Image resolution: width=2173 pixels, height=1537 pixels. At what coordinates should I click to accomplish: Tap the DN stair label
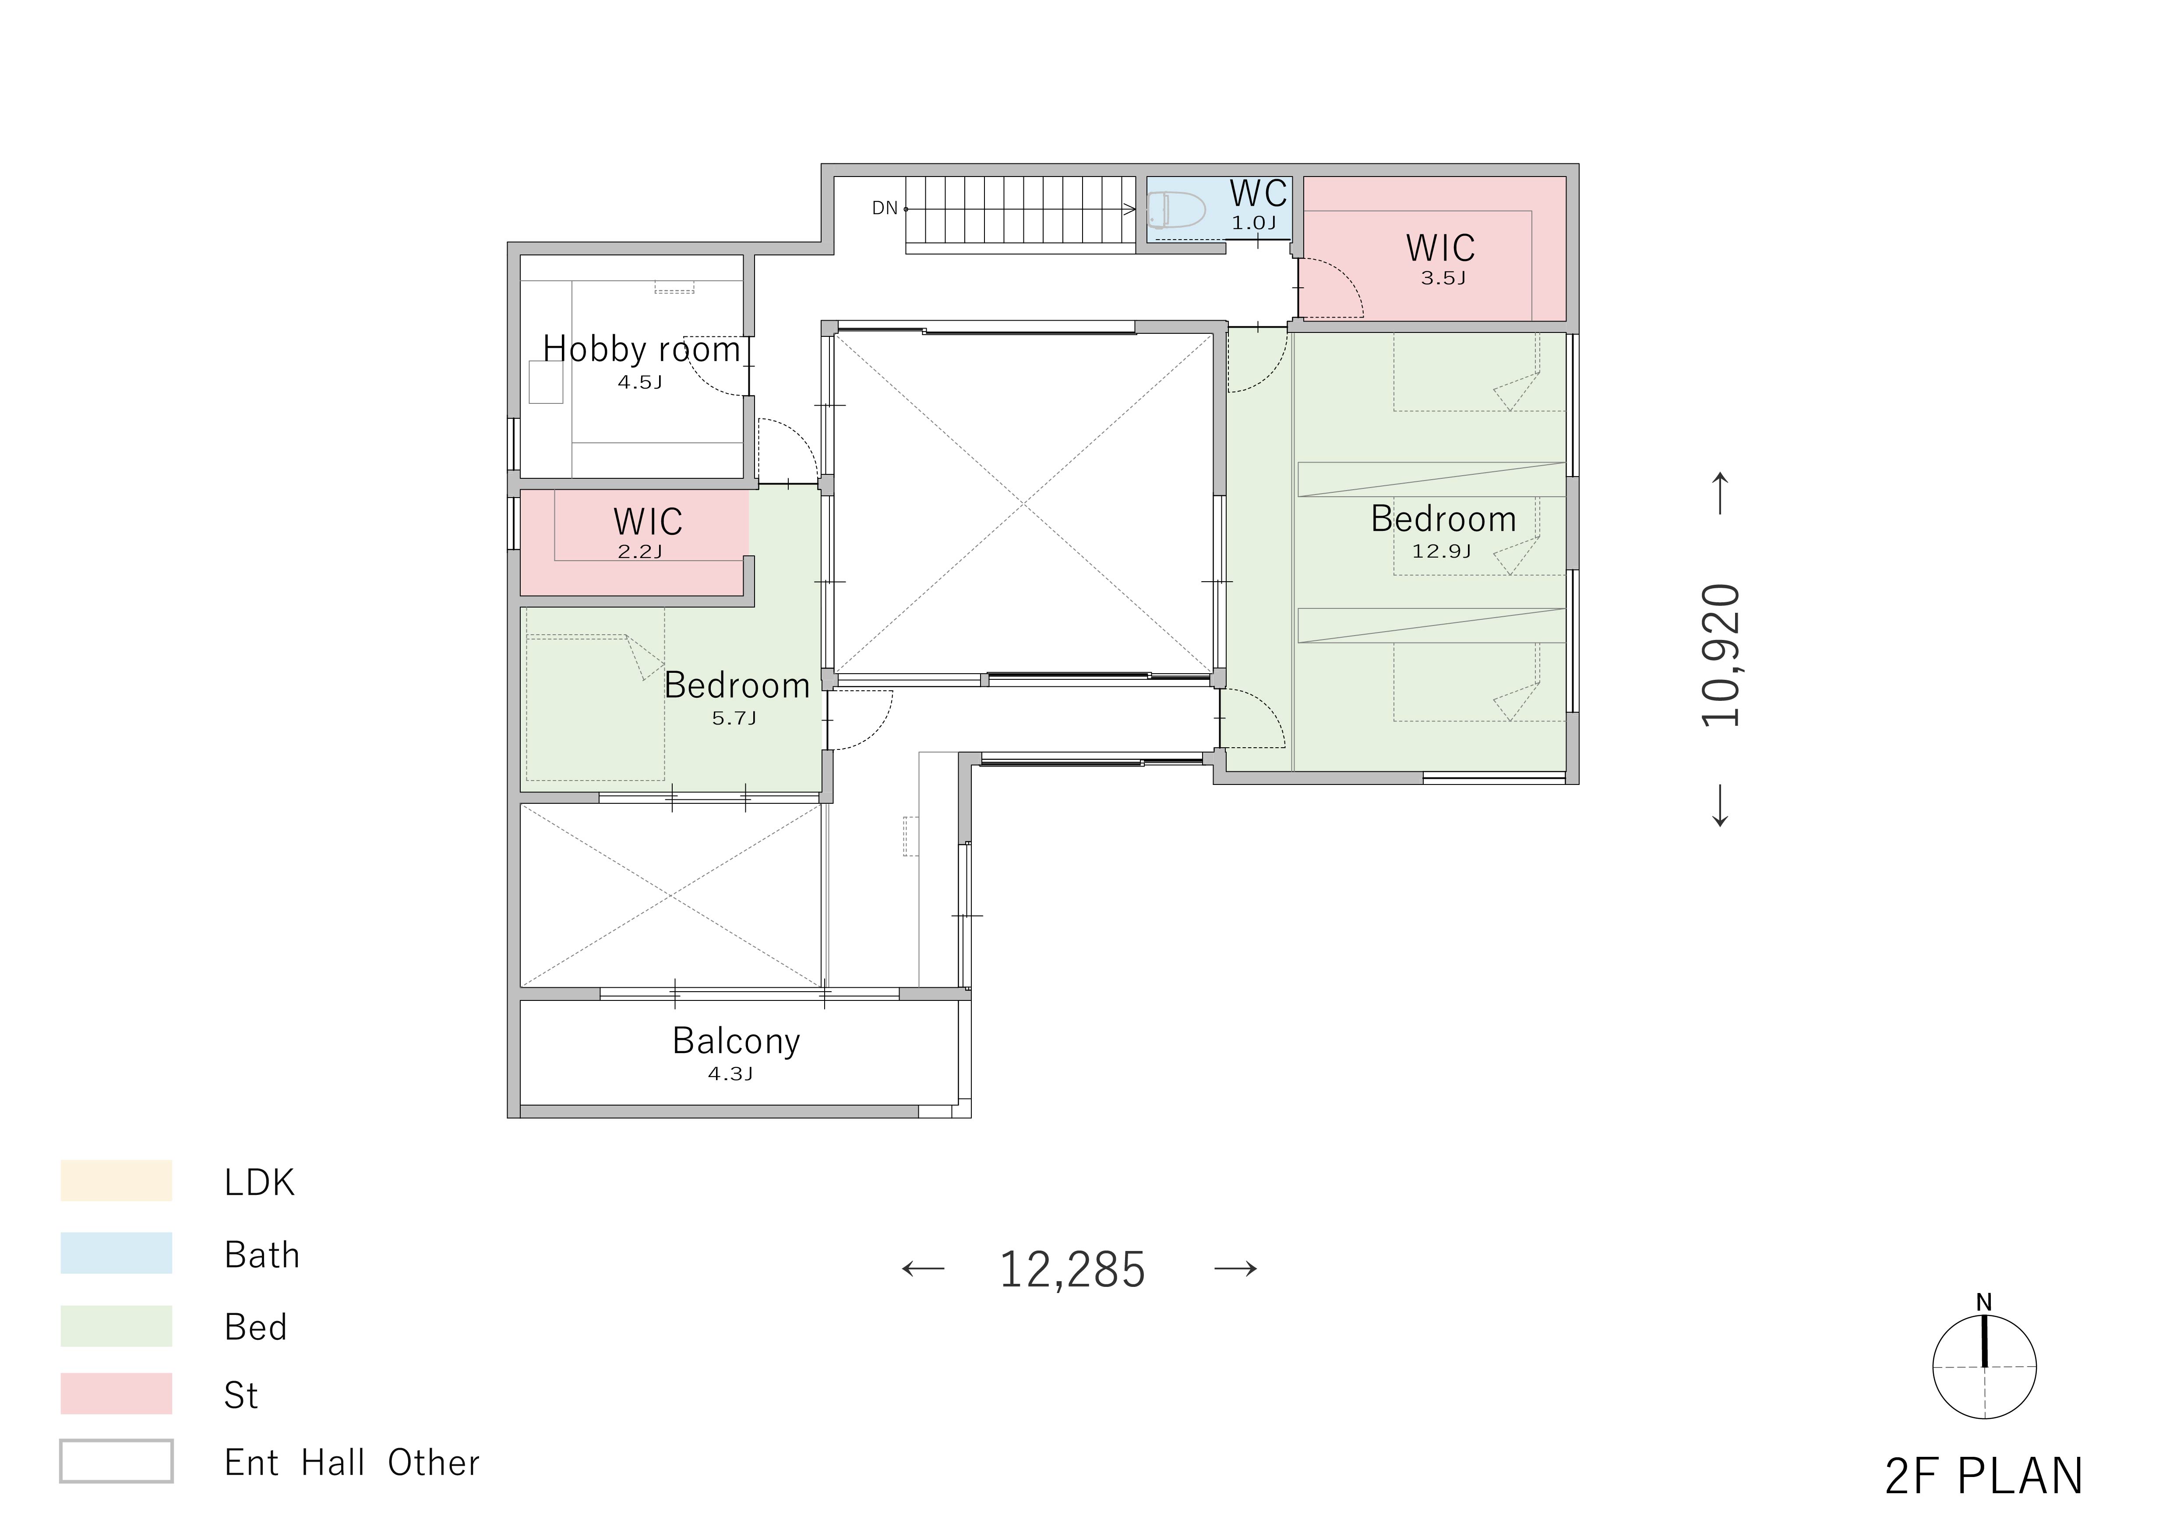[885, 208]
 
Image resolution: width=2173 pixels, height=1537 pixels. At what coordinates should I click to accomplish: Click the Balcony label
[736, 1041]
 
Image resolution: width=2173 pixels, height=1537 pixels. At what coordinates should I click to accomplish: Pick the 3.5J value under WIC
[1443, 278]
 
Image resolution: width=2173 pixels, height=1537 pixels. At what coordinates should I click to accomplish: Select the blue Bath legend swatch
[116, 1252]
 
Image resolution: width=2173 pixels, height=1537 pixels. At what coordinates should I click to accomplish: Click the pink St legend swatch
[116, 1393]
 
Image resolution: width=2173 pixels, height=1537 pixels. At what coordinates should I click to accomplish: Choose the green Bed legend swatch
[116, 1325]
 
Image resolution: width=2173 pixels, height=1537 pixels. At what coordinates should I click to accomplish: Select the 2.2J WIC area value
[640, 552]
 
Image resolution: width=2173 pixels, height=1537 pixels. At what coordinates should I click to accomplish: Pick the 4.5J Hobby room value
[640, 382]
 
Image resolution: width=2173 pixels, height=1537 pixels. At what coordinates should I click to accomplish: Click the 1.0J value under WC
[1253, 223]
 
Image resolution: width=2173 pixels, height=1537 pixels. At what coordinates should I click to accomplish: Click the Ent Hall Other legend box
[116, 1461]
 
